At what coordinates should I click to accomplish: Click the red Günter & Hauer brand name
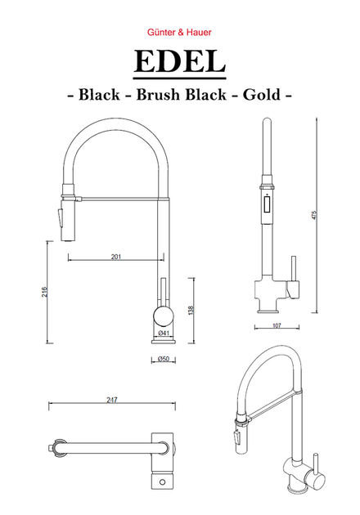(179, 32)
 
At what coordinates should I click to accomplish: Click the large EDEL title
(179, 61)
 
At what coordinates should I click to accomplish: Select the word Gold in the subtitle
(262, 95)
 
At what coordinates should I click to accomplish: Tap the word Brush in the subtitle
(158, 95)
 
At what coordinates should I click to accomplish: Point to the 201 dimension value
(115, 257)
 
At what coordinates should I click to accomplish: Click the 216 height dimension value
(45, 292)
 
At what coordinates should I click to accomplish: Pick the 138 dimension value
(191, 311)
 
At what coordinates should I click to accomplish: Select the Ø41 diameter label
(164, 333)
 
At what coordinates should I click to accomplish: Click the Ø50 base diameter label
(164, 359)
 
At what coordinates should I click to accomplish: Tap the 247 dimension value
(112, 400)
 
